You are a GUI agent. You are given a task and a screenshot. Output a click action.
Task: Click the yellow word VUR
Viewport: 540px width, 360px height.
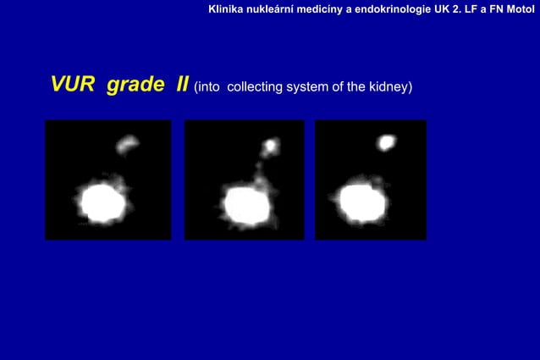(74, 86)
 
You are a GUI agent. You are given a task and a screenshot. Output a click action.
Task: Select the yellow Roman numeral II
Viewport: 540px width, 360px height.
(179, 86)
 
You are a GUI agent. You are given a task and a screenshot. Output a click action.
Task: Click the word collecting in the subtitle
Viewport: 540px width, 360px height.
(256, 87)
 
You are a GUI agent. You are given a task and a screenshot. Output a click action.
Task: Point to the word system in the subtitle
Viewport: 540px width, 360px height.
(310, 87)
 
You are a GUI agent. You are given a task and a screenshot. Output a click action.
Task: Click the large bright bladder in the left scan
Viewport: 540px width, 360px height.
(102, 201)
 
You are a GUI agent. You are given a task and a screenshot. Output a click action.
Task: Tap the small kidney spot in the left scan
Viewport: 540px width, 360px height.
(128, 144)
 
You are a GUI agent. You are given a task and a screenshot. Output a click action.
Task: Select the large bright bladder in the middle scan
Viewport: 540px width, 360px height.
(245, 205)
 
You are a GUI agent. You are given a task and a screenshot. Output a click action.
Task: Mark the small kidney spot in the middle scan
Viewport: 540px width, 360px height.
(271, 146)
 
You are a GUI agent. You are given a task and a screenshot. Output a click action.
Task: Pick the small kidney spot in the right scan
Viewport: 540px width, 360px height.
(386, 141)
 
